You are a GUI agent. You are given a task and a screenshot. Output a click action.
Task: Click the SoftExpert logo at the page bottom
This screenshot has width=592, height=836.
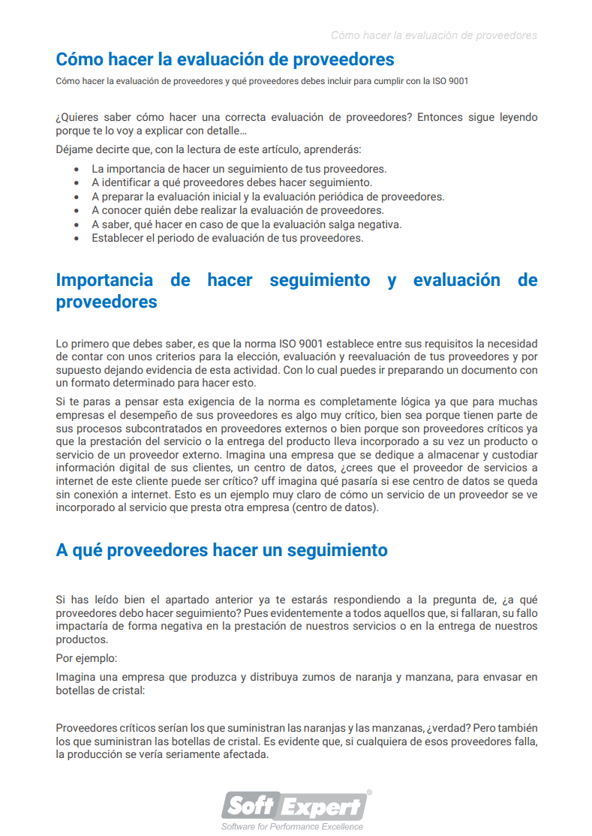tap(295, 806)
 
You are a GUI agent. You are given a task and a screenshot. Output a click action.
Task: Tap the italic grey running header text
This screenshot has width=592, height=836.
tap(434, 35)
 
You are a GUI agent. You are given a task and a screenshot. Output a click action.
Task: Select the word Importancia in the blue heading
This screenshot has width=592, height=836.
tap(104, 281)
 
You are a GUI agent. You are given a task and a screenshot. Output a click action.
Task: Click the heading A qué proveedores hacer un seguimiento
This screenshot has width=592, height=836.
tap(221, 550)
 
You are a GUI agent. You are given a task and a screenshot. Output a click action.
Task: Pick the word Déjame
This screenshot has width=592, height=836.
tap(76, 149)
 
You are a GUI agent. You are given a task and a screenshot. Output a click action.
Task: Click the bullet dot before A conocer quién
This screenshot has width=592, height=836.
tap(77, 211)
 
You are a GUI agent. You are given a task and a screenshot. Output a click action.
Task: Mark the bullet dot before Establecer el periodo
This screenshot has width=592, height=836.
tap(77, 239)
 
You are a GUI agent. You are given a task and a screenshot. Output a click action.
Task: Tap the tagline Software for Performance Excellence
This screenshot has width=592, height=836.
tap(292, 826)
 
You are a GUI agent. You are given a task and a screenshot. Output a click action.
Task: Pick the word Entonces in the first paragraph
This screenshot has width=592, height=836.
tap(441, 118)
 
